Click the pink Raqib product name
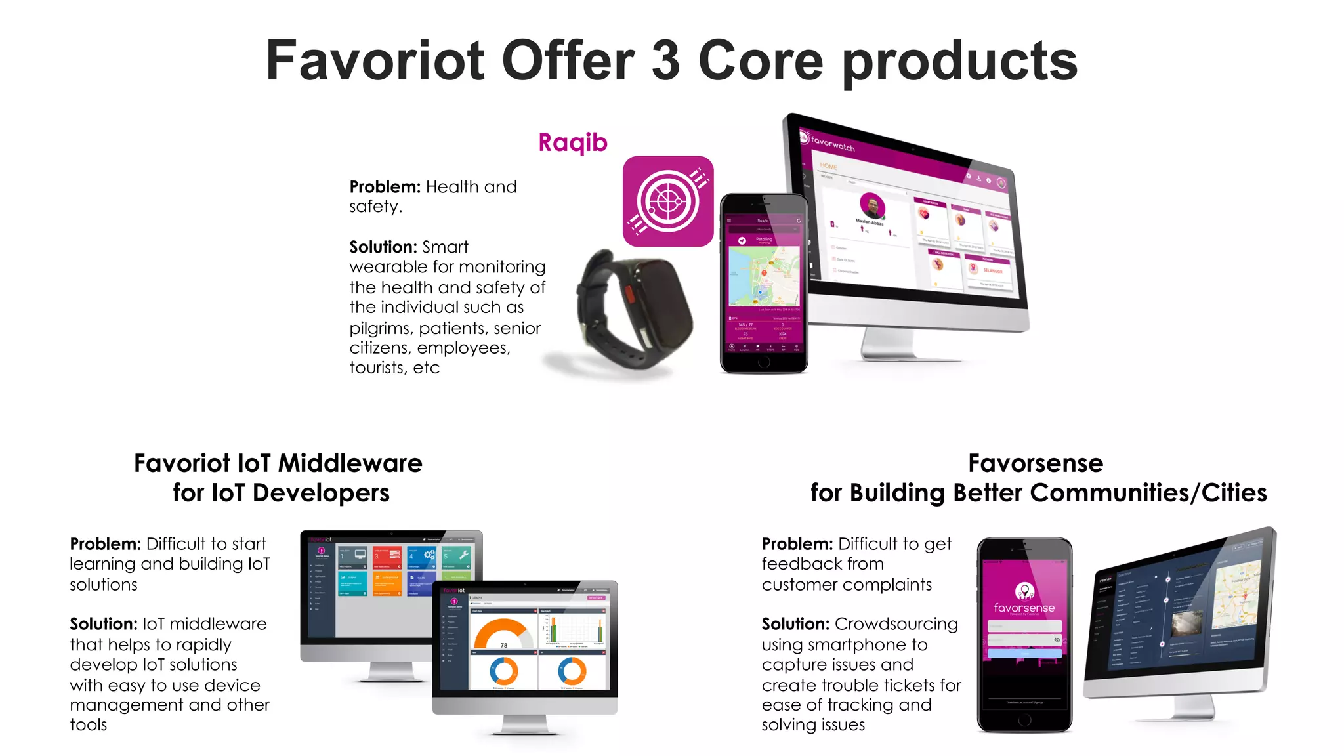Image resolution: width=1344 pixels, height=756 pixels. (x=572, y=142)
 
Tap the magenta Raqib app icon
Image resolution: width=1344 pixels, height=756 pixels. (x=667, y=201)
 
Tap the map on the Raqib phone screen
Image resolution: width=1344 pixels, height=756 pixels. (x=765, y=276)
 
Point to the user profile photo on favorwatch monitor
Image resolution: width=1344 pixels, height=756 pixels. (x=871, y=205)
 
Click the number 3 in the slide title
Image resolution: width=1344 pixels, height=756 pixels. (x=665, y=60)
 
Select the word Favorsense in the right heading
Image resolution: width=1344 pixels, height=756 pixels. (x=1035, y=463)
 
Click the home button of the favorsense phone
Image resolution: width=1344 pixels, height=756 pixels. (x=1024, y=720)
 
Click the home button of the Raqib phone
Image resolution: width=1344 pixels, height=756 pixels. (x=764, y=362)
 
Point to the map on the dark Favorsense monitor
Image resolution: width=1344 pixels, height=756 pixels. (x=1236, y=595)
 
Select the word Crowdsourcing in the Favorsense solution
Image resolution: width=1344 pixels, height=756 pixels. (x=896, y=624)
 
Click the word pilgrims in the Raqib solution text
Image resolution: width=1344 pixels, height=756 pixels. (x=379, y=328)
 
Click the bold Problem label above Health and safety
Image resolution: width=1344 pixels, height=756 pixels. (x=385, y=187)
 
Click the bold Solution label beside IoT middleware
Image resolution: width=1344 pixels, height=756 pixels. (x=103, y=624)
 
